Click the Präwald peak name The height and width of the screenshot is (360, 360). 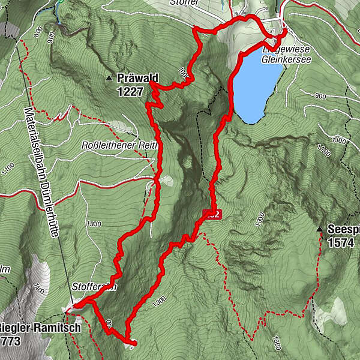click(137, 77)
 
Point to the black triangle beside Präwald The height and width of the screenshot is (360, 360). click(109, 78)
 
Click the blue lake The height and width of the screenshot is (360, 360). click(255, 84)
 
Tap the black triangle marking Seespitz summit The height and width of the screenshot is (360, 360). click(320, 229)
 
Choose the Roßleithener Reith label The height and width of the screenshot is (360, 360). click(119, 145)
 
